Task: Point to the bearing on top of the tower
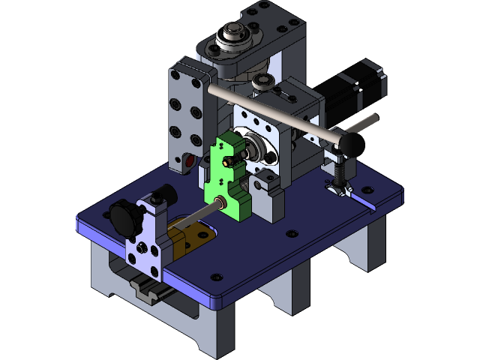(x=233, y=37)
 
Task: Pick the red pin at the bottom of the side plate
(x=189, y=160)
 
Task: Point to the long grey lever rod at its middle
(x=270, y=112)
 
